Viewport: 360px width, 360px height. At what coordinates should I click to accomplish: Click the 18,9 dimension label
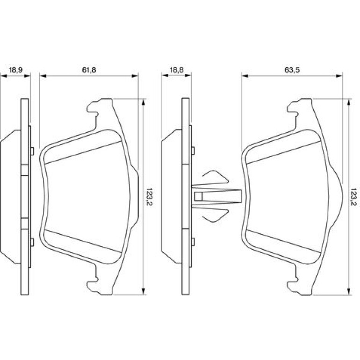click(15, 70)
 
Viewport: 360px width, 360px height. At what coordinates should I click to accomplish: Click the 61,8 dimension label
click(89, 70)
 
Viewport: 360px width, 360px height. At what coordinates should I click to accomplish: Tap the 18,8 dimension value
click(177, 70)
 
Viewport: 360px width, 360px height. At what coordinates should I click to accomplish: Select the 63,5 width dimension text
click(292, 70)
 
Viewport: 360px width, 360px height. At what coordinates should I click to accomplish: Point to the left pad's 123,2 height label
click(150, 197)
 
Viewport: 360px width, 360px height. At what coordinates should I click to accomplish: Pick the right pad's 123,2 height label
click(354, 197)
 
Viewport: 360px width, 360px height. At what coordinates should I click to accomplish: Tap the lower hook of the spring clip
click(216, 216)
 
